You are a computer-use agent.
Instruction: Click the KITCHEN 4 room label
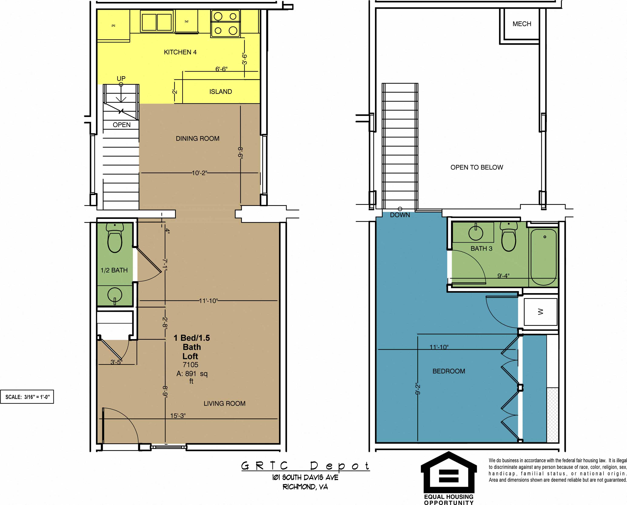(x=180, y=52)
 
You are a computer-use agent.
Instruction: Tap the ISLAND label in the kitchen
(x=220, y=92)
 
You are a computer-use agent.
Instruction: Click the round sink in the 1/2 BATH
(x=115, y=295)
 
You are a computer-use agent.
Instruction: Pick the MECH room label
(x=522, y=24)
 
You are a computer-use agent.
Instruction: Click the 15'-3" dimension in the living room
(x=178, y=416)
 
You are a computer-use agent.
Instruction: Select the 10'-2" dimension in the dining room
(x=199, y=173)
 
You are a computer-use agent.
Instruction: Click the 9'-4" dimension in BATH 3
(x=503, y=276)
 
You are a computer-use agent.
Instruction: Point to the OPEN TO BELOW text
(x=476, y=167)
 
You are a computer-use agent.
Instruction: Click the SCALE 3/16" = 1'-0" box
(x=27, y=397)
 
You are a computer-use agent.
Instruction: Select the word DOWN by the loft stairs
(x=400, y=215)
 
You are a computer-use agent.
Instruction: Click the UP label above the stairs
(x=121, y=78)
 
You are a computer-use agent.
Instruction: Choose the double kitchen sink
(x=157, y=21)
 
